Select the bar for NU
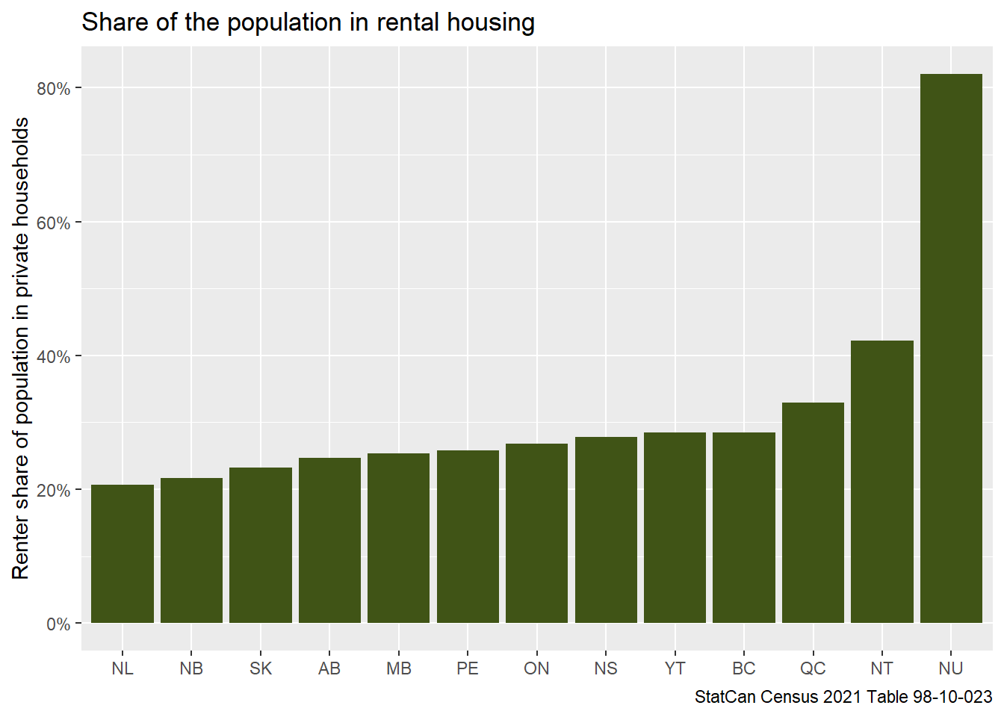[950, 348]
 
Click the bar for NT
[881, 482]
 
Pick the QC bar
[813, 512]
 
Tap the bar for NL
[123, 553]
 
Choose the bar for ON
[536, 533]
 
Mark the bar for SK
[261, 545]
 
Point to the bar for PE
[468, 536]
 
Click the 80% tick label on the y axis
[53, 89]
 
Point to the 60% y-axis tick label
[53, 223]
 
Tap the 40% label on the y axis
[53, 356]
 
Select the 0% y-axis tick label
[58, 624]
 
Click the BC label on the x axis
[743, 668]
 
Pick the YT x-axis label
[675, 668]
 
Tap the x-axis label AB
[329, 668]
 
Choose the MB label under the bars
[398, 668]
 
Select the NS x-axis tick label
[606, 668]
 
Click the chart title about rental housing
[308, 22]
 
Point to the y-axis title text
[21, 348]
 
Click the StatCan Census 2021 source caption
[843, 697]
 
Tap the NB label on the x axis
[191, 668]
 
